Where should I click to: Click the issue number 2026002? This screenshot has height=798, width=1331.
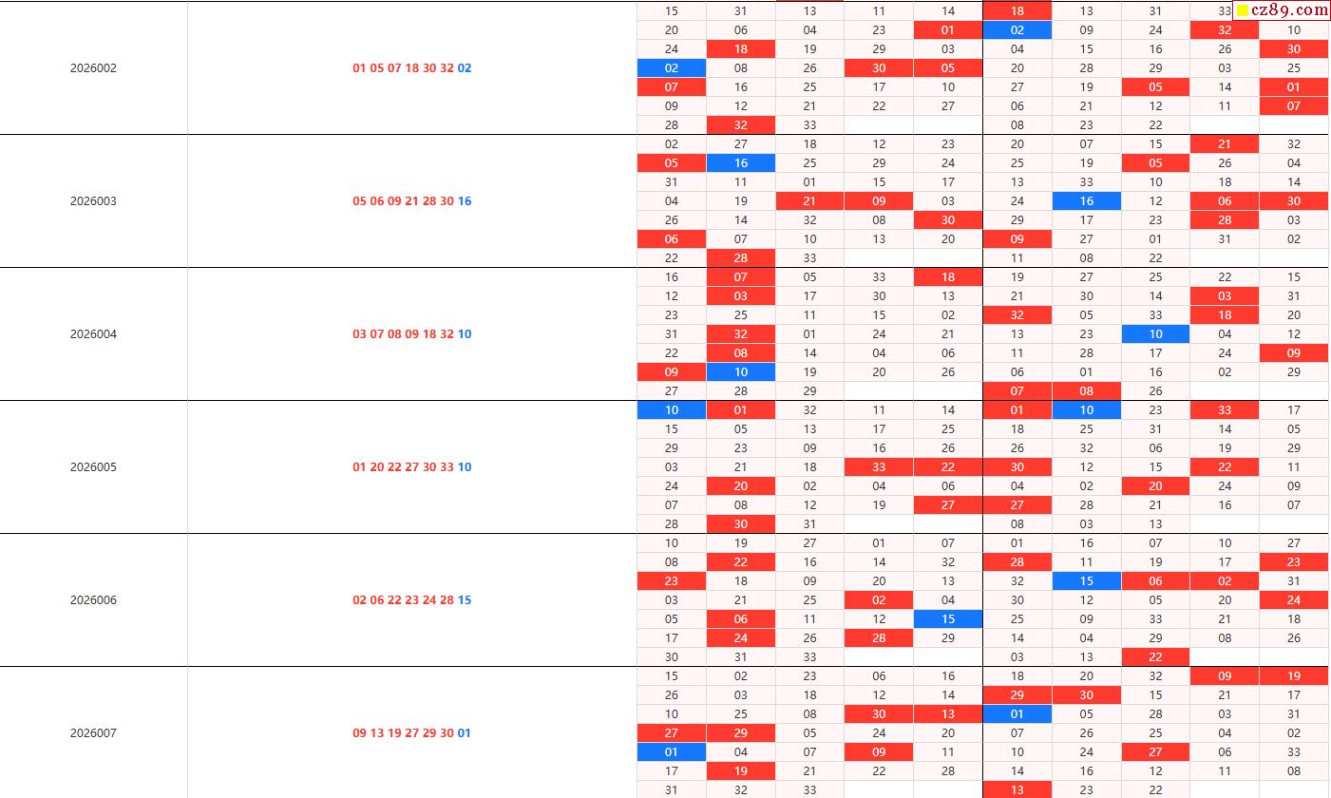(x=93, y=68)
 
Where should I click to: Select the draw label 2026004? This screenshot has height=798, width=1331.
(x=93, y=334)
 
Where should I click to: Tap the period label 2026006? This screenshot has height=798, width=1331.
(x=93, y=600)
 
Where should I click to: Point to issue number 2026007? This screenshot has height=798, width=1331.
(x=93, y=733)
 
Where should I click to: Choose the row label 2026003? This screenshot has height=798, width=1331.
(x=93, y=201)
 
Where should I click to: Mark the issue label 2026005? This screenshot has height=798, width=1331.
(x=93, y=467)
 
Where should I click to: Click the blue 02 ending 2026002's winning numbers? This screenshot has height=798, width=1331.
(x=465, y=68)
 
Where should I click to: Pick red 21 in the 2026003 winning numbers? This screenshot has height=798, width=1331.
(x=411, y=201)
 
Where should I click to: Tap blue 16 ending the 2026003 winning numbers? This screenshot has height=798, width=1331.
(x=465, y=201)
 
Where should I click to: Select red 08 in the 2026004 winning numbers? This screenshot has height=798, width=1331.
(x=394, y=334)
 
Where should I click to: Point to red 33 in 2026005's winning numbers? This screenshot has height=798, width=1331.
(x=447, y=467)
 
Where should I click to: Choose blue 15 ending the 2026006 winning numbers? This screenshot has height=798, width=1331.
(x=465, y=600)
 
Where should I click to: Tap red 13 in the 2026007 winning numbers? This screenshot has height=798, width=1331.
(x=377, y=733)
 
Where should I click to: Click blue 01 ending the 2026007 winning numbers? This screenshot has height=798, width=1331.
(x=465, y=733)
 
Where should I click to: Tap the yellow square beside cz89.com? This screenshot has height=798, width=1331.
(x=1242, y=11)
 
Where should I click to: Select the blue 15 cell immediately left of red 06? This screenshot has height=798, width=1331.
(x=1087, y=581)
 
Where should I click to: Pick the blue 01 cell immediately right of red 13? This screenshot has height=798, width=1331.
(x=1017, y=714)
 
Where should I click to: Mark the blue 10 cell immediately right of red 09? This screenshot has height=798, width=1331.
(x=741, y=372)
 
